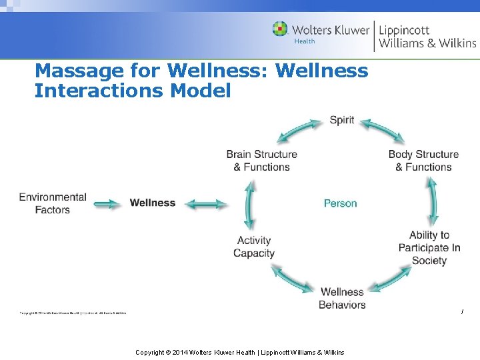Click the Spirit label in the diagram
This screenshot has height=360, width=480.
tap(342, 121)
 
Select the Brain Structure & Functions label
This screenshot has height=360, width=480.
tap(261, 161)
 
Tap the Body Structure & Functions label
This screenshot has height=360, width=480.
tap(423, 161)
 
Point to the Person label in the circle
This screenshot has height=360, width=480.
tap(340, 203)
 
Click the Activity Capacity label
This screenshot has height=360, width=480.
tap(254, 247)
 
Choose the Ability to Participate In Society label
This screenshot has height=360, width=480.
tap(429, 247)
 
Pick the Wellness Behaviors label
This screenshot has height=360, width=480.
tap(342, 298)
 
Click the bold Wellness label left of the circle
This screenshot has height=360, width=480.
tap(153, 203)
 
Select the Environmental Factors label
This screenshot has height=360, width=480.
tap(53, 203)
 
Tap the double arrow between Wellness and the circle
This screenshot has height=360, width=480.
tap(205, 203)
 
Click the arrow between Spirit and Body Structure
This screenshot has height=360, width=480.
tap(383, 131)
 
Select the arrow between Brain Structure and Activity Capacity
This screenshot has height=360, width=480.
tap(250, 205)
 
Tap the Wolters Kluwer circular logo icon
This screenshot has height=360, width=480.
tap(280, 29)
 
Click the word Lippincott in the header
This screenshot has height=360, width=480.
tap(404, 30)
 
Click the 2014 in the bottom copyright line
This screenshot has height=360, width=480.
tap(181, 352)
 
